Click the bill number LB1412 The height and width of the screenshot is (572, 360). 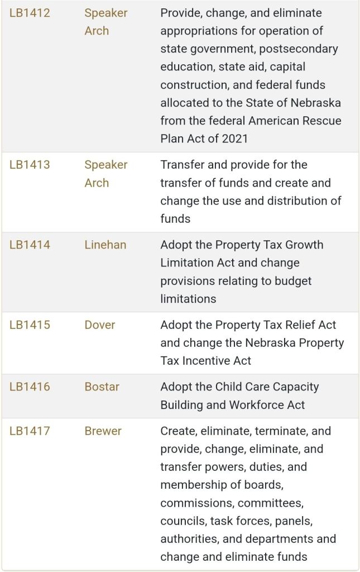(30, 13)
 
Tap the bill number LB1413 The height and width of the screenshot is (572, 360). (30, 165)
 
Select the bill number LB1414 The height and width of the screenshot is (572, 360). (30, 245)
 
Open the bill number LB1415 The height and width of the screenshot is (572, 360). (30, 325)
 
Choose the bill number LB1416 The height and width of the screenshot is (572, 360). (30, 387)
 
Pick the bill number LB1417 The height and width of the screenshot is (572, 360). (30, 431)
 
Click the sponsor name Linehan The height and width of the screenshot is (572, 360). (105, 245)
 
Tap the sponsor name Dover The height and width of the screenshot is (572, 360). (100, 325)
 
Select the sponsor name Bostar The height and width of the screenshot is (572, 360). (102, 387)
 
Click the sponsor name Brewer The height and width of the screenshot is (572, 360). (103, 431)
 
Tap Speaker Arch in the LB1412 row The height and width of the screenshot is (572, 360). (106, 22)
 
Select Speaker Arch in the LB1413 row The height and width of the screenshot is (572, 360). (106, 174)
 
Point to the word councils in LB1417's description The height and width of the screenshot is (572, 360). (183, 521)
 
